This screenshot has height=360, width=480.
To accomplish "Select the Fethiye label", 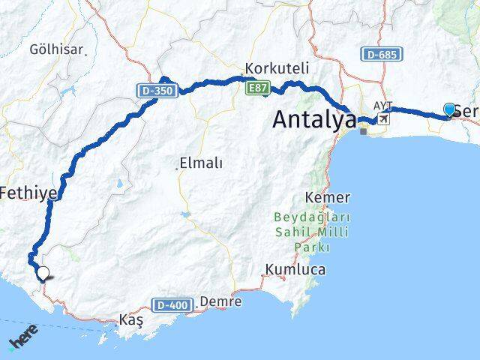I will (x=28, y=193).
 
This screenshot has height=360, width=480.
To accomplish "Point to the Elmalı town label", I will (x=201, y=163).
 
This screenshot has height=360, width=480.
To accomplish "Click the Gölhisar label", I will (x=57, y=49).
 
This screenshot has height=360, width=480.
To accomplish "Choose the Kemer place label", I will (x=328, y=197).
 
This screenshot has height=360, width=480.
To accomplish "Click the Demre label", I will (x=220, y=301).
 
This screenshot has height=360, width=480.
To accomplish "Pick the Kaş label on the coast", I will (x=131, y=320).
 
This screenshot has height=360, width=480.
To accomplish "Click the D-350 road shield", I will (x=156, y=91).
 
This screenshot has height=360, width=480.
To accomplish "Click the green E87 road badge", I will (x=256, y=88).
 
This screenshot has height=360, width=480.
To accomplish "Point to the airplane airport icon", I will (x=385, y=118).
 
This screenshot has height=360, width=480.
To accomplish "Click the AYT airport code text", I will (x=382, y=106).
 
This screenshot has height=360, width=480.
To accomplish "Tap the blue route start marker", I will (x=449, y=110).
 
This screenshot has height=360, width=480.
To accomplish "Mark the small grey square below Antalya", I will (x=364, y=131).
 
